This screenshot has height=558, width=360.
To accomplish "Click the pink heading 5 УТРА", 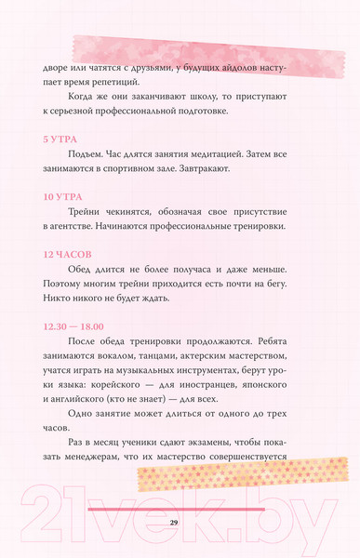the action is click(x=60, y=139).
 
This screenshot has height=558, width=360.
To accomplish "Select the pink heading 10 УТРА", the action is click(x=62, y=197).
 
